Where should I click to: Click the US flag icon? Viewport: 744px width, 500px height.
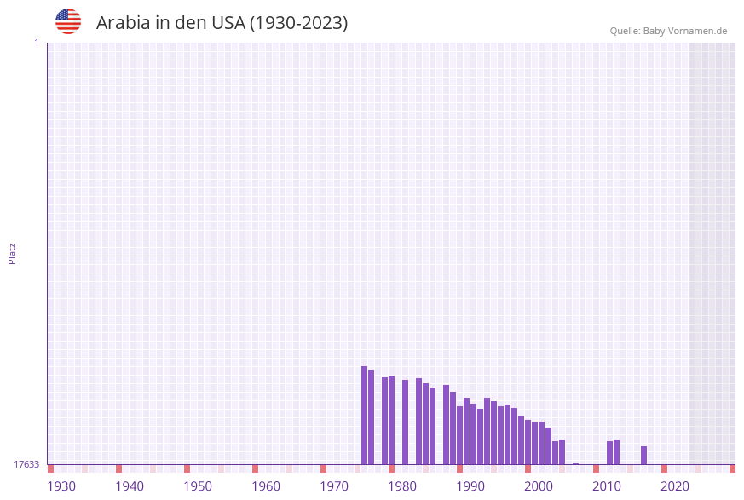pyautogui.click(x=68, y=21)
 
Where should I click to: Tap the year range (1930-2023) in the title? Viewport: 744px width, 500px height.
pyautogui.click(x=298, y=23)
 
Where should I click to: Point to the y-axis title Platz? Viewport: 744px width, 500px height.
pyautogui.click(x=13, y=253)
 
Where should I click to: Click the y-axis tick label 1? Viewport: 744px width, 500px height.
pyautogui.click(x=36, y=43)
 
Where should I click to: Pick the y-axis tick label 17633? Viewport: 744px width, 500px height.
pyautogui.click(x=26, y=464)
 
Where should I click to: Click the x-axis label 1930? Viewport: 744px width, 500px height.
pyautogui.click(x=61, y=486)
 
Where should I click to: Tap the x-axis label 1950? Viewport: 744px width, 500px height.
pyautogui.click(x=198, y=486)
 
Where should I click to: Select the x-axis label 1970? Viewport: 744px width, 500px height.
pyautogui.click(x=334, y=486)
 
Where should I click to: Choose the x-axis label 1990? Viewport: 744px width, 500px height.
pyautogui.click(x=470, y=486)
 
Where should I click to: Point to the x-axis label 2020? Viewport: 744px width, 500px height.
pyautogui.click(x=675, y=486)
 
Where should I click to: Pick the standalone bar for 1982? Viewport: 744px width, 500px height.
pyautogui.click(x=405, y=422)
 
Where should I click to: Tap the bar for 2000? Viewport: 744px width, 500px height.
pyautogui.click(x=528, y=442)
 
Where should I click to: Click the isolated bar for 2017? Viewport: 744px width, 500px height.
pyautogui.click(x=643, y=455)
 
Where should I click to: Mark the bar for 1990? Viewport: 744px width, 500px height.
pyautogui.click(x=459, y=435)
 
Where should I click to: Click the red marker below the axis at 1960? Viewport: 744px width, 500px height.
pyautogui.click(x=255, y=468)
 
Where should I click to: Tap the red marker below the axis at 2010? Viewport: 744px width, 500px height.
pyautogui.click(x=596, y=468)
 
